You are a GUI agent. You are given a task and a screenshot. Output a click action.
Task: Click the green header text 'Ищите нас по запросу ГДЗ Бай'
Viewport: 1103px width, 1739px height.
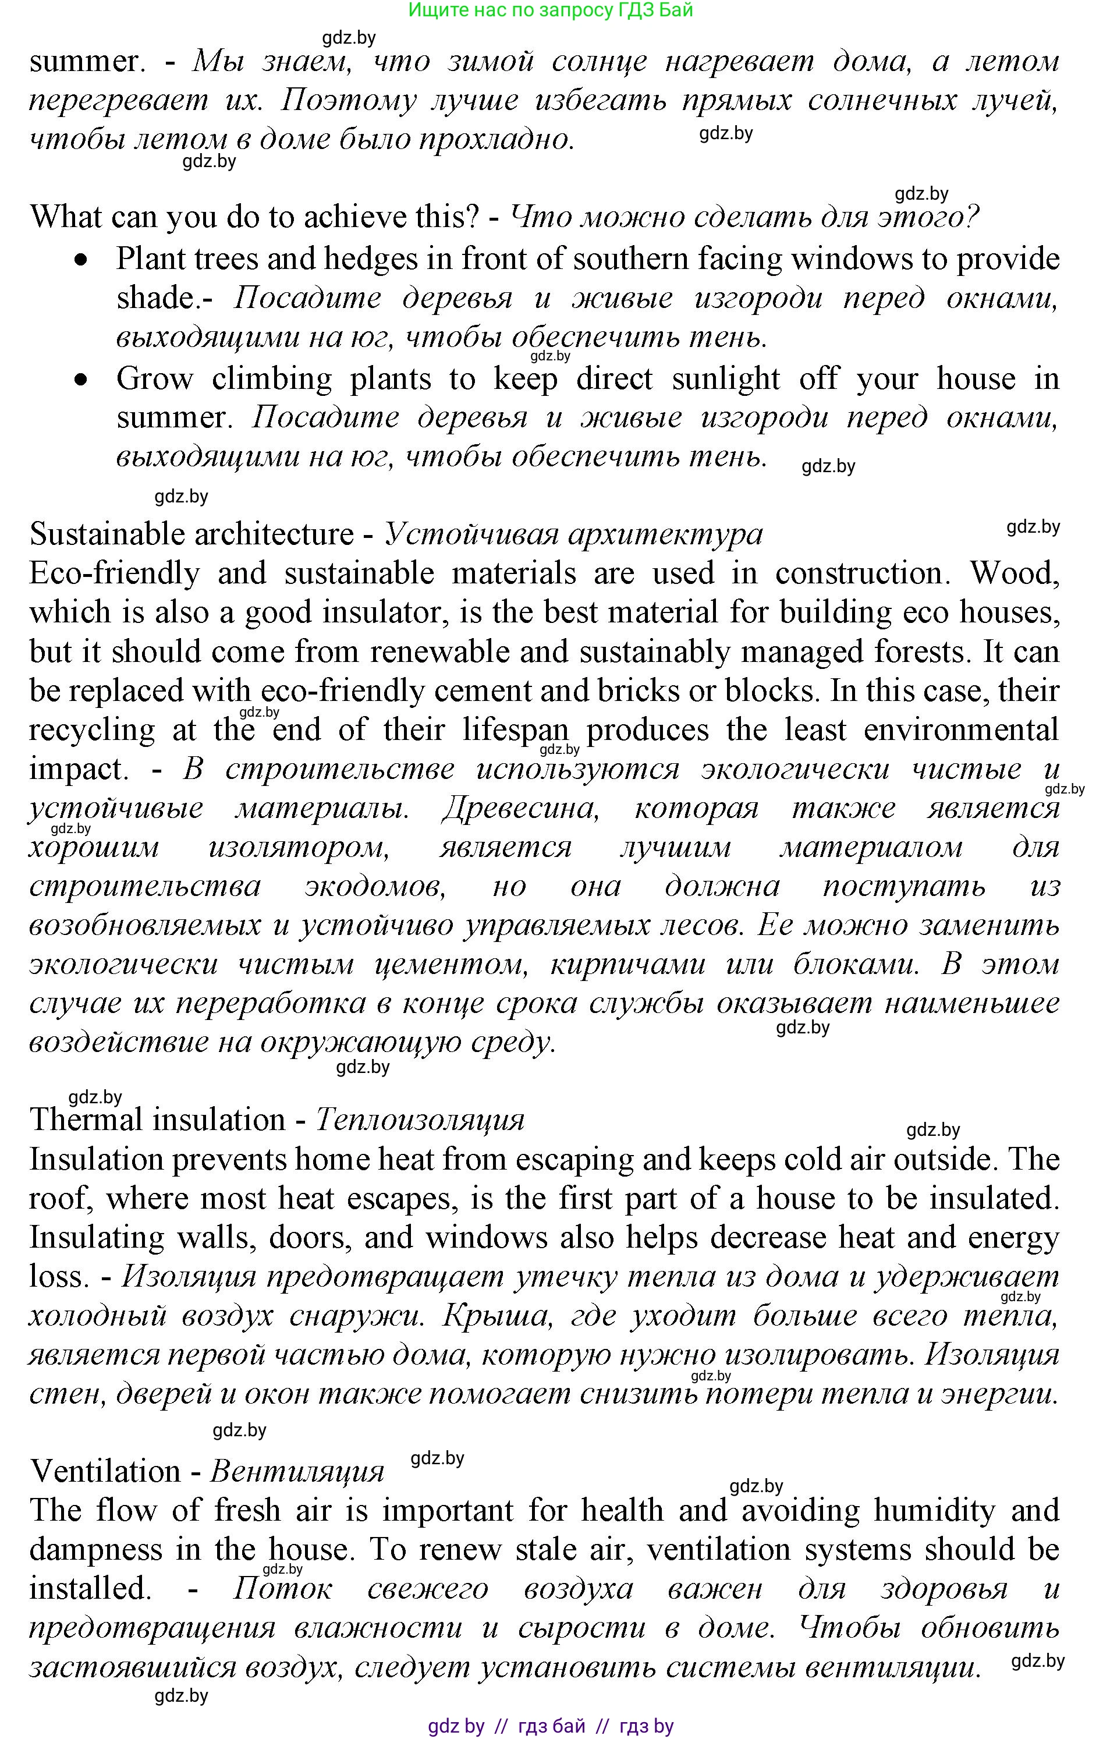pos(550,10)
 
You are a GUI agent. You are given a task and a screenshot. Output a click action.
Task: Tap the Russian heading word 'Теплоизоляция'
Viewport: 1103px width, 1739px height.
pos(420,1120)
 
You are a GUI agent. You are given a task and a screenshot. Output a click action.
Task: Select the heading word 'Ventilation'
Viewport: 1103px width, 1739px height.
pos(105,1472)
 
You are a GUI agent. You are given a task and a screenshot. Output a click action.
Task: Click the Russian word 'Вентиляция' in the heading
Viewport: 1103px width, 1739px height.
pos(297,1472)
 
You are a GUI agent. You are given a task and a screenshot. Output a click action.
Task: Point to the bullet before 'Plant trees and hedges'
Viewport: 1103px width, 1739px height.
pos(84,260)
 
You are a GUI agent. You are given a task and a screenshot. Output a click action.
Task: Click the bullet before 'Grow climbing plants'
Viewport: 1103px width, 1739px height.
pos(84,379)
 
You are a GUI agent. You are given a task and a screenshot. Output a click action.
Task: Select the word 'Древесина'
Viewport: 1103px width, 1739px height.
pos(520,808)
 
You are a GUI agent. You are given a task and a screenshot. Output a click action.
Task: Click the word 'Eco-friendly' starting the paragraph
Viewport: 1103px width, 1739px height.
pos(114,573)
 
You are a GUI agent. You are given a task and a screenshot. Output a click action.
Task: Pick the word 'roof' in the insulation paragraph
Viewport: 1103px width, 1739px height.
pos(58,1199)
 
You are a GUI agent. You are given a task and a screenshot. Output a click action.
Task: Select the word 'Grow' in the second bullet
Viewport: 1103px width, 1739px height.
pos(154,379)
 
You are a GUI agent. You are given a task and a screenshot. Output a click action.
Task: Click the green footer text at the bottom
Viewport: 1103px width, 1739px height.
pos(550,1726)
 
